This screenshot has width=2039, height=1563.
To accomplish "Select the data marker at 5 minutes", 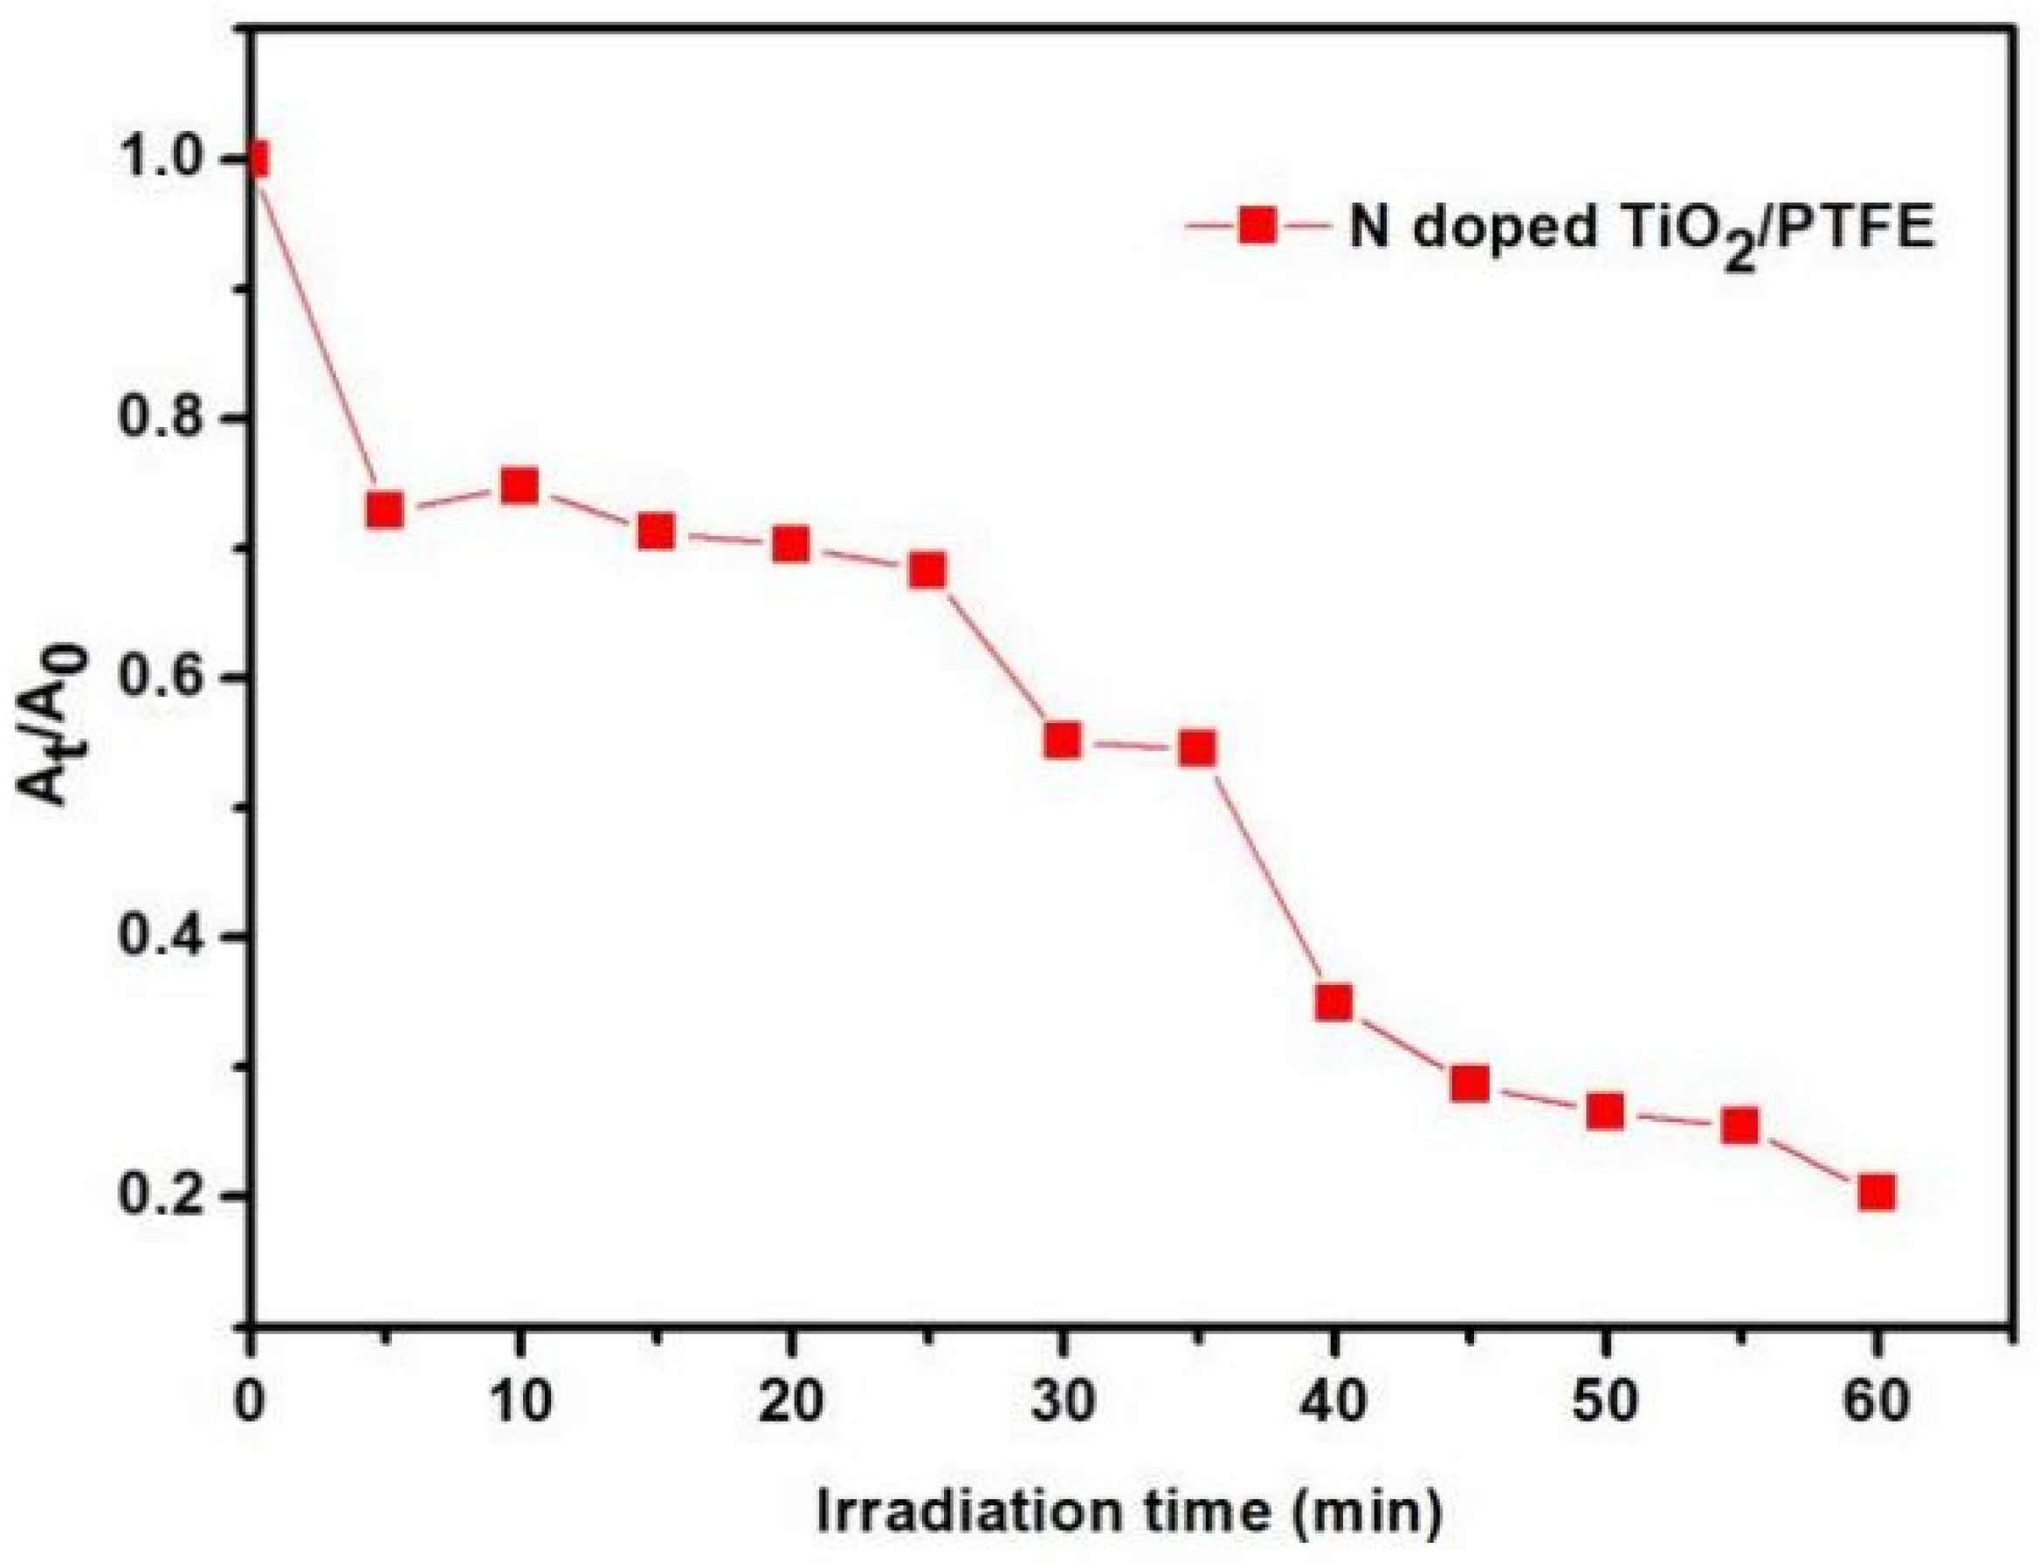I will (x=384, y=510).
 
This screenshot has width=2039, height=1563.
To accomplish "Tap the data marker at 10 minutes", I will (x=519, y=485).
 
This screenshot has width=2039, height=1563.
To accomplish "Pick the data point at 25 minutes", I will (x=927, y=569).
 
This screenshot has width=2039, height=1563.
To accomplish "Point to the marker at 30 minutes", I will (x=1063, y=741).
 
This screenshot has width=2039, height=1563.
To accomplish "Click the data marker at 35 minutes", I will (x=1197, y=748).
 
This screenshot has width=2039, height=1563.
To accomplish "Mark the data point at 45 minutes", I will (x=1469, y=1084).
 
